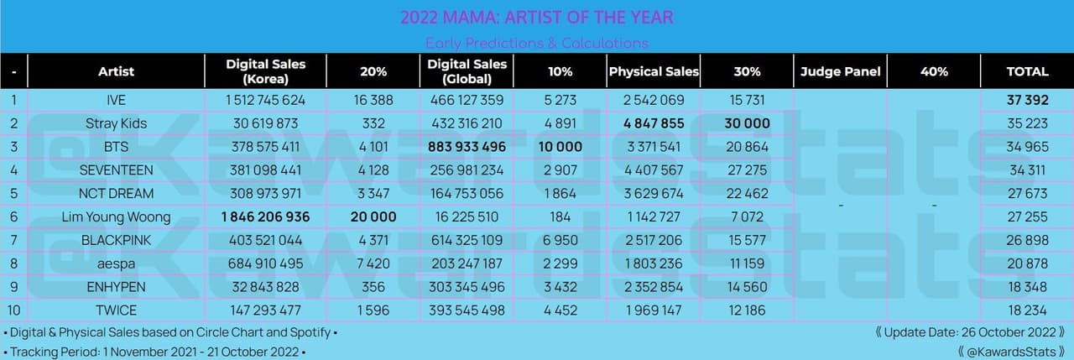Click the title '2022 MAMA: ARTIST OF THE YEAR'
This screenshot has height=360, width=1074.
point(536,18)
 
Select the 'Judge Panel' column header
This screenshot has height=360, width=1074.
point(840,71)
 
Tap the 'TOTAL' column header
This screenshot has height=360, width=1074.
point(1027,71)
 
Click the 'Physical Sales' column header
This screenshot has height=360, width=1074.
point(654,71)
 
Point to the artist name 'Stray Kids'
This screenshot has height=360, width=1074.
point(116,123)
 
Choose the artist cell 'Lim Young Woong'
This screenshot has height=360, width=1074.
point(116,217)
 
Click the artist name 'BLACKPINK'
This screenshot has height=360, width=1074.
point(116,240)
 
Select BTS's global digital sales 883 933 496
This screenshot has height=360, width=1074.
point(466,147)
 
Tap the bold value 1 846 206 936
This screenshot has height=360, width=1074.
point(265,217)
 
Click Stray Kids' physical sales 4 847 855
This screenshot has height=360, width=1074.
point(654,123)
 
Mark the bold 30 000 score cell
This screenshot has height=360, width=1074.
point(746,123)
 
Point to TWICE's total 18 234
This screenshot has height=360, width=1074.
point(1027,310)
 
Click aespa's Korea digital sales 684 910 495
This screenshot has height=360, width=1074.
point(265,263)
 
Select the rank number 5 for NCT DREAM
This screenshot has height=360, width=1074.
point(13,193)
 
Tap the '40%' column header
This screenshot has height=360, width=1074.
point(933,71)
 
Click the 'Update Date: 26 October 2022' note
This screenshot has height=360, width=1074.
point(970,332)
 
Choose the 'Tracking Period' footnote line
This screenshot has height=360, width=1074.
point(155,352)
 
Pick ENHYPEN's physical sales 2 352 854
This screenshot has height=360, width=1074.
point(654,287)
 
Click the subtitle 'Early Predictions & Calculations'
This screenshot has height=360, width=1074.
point(536,43)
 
